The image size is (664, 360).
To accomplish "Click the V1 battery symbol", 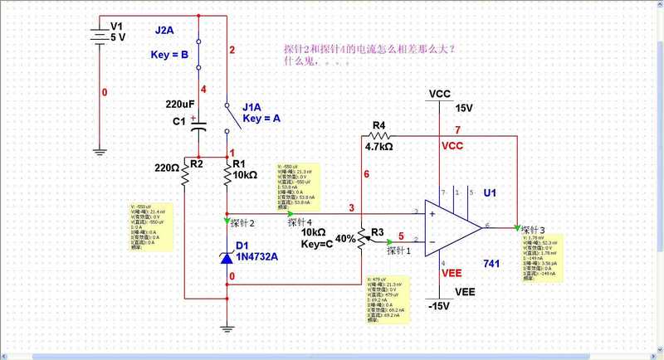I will coord(100,33).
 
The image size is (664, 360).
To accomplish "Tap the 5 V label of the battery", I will coord(118,38).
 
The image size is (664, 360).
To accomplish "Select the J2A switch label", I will coord(164,31).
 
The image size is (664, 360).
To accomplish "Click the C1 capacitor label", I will coord(179,121).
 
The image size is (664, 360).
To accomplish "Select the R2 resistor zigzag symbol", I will coord(198,173).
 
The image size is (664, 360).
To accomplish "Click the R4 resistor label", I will coord(378,126).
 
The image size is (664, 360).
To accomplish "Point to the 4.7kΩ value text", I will coord(378,146).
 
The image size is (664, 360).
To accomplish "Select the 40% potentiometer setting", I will coord(344,238).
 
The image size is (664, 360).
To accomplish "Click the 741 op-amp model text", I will coord(492,263).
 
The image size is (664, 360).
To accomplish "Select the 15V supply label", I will coord(464,108).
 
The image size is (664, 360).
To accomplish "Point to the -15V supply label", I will coord(438,306).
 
